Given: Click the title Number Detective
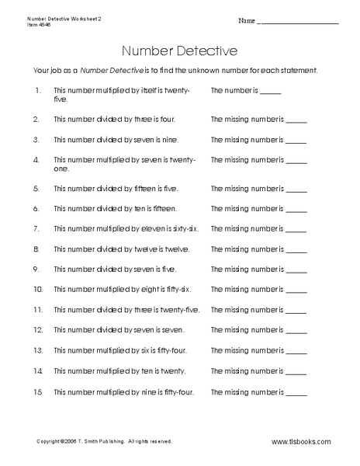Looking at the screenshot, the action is tap(179, 50).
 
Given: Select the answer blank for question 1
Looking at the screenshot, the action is tap(271, 92).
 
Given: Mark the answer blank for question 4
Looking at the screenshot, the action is tap(297, 162).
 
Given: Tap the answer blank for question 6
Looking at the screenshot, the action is tap(297, 210).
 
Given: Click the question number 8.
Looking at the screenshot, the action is tap(36, 249).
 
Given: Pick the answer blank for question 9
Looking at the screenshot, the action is tap(297, 270).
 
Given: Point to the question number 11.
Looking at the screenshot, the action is tap(36, 310).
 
